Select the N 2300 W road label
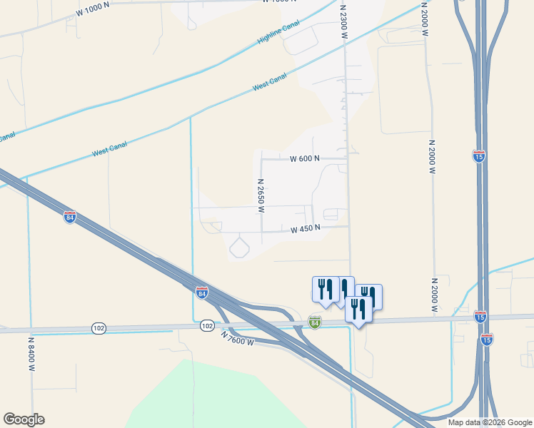pyautogui.click(x=343, y=21)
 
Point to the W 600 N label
pyautogui.click(x=305, y=159)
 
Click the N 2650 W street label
pyautogui.click(x=261, y=195)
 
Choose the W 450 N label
pyautogui.click(x=305, y=229)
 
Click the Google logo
pyautogui.click(x=24, y=419)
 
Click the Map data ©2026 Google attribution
pyautogui.click(x=489, y=422)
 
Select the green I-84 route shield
pyautogui.click(x=315, y=322)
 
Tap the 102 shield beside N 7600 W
pyautogui.click(x=207, y=326)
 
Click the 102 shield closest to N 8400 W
pyautogui.click(x=99, y=327)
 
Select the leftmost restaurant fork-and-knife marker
pyautogui.click(x=326, y=289)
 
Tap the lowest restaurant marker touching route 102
pyautogui.click(x=358, y=310)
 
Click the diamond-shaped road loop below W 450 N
pyautogui.click(x=239, y=248)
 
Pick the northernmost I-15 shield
pyautogui.click(x=479, y=156)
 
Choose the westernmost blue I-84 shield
pyautogui.click(x=69, y=217)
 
